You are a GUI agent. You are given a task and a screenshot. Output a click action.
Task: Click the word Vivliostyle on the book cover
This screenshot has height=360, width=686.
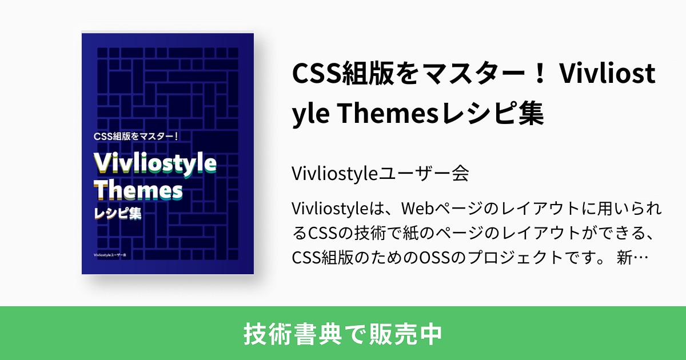[x=154, y=163]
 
